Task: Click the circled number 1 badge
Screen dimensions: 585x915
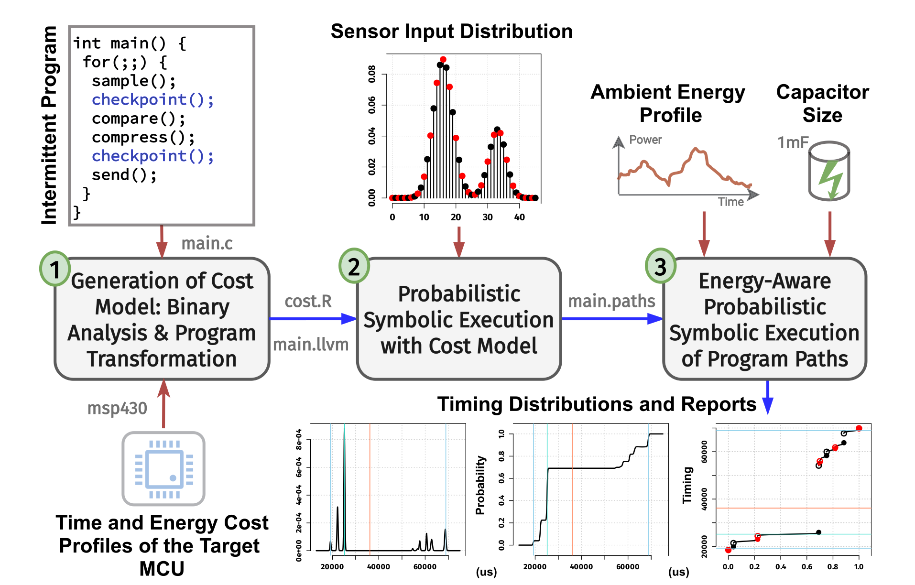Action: pyautogui.click(x=55, y=269)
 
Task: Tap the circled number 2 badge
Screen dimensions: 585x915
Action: pyautogui.click(x=354, y=266)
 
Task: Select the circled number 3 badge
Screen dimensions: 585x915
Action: pyautogui.click(x=660, y=266)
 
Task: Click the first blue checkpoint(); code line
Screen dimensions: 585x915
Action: pyautogui.click(x=152, y=99)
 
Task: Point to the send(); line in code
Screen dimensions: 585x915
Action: pyautogui.click(x=124, y=175)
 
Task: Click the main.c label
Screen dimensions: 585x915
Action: pyautogui.click(x=207, y=243)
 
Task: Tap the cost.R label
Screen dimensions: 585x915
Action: pyautogui.click(x=308, y=301)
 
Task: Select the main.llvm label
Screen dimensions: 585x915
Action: pyautogui.click(x=311, y=344)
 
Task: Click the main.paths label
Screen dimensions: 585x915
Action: pyautogui.click(x=611, y=301)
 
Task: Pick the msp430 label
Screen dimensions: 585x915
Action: pyautogui.click(x=117, y=408)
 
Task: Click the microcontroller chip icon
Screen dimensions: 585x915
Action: pyautogui.click(x=163, y=468)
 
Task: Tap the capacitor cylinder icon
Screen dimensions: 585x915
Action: pyautogui.click(x=829, y=171)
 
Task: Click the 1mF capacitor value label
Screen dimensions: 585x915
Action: pyautogui.click(x=793, y=142)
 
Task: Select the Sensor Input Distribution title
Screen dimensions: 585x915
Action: pyautogui.click(x=451, y=32)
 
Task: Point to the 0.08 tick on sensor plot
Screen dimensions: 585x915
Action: pyautogui.click(x=372, y=74)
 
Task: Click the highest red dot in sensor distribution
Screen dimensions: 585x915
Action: pyautogui.click(x=443, y=60)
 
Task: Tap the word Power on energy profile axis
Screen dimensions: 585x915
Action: pyautogui.click(x=645, y=140)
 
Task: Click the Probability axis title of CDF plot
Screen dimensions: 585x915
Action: pyautogui.click(x=480, y=485)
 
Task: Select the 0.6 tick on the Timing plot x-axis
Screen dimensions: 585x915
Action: pyautogui.click(x=807, y=567)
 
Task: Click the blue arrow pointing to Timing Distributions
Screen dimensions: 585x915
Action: pyautogui.click(x=768, y=399)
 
